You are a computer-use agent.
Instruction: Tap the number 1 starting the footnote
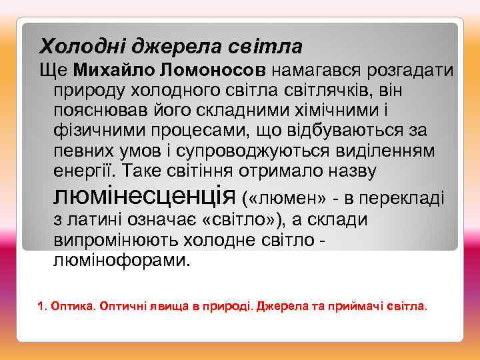click(x=41, y=307)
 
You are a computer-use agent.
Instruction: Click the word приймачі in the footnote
click(x=355, y=307)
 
